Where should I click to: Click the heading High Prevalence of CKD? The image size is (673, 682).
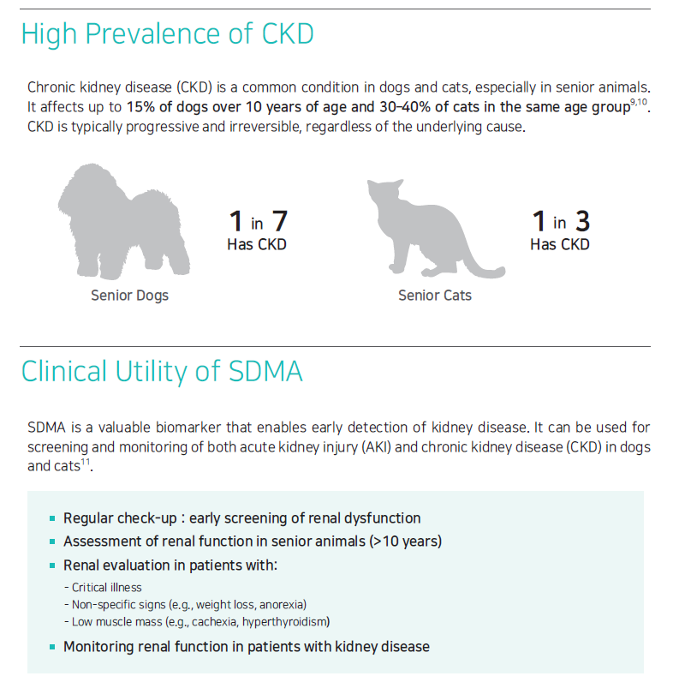tap(167, 34)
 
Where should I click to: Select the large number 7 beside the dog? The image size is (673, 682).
tap(278, 222)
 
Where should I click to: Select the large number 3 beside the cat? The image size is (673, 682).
tap(582, 222)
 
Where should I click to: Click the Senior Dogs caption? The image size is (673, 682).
tap(130, 296)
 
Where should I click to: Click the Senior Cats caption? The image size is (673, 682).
tap(435, 296)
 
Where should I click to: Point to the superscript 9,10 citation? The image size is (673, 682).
tap(639, 102)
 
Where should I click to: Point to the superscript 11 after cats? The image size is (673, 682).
tap(86, 462)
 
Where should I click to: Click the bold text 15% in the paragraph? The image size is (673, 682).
tap(140, 108)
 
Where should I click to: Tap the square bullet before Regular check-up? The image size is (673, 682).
tap(53, 518)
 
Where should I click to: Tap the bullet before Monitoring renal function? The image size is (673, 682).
tap(53, 647)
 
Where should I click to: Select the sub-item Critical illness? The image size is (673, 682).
tap(107, 588)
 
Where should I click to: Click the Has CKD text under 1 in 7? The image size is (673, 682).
tap(257, 245)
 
